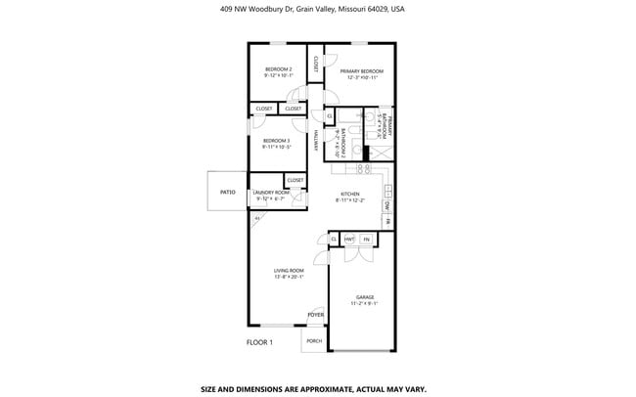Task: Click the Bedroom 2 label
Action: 278,68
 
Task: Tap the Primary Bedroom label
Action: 361,71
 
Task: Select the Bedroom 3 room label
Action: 277,141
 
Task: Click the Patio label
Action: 227,193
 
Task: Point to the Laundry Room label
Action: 271,193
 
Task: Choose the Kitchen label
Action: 350,194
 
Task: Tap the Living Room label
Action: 290,270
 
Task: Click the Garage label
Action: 365,297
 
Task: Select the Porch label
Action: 314,341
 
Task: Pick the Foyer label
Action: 315,315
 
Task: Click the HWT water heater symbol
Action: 349,239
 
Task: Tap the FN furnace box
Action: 367,239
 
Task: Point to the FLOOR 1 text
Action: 259,342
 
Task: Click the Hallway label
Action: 317,143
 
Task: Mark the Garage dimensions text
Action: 365,304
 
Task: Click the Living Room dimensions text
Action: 290,277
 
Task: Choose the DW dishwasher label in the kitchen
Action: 387,206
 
